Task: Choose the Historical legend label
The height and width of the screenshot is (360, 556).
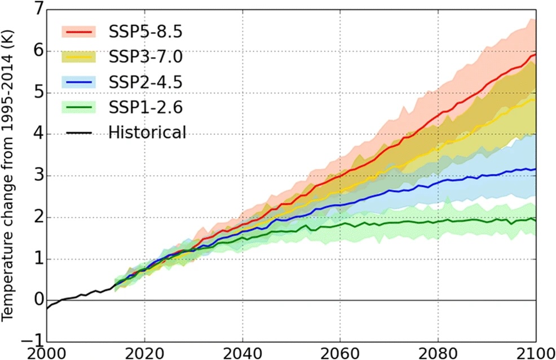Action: (147, 133)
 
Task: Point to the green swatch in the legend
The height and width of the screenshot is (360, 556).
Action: (78, 107)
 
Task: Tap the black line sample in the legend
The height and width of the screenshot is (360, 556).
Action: (78, 133)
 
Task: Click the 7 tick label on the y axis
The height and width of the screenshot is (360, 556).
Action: (37, 10)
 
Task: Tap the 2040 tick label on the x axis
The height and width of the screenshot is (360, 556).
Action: (242, 352)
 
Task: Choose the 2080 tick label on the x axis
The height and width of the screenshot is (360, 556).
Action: (438, 352)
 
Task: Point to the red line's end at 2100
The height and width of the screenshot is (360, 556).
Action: (535, 55)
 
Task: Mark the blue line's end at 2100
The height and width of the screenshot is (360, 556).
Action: (535, 169)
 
